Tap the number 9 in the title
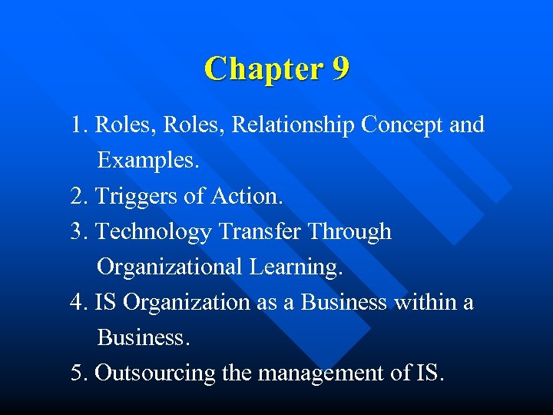coord(341,69)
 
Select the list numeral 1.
coord(77,125)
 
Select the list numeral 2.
coord(77,196)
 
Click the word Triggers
coord(136,197)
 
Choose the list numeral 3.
coord(77,231)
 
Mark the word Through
coord(353,232)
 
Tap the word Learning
coord(293,267)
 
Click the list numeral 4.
coord(77,302)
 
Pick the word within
coord(425,302)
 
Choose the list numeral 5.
coord(77,373)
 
